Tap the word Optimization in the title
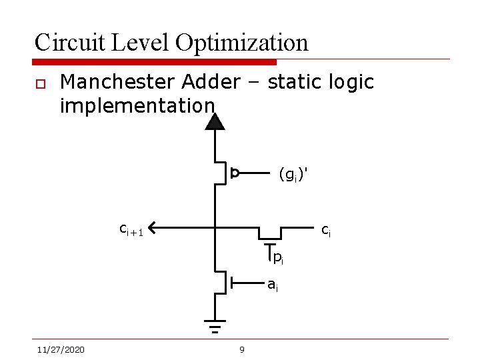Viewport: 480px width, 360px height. pos(242,43)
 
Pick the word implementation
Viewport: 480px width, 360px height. pos(137,105)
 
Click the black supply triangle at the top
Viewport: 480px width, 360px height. pos(215,121)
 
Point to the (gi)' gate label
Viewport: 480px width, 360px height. pos(293,175)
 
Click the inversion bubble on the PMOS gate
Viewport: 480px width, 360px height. pos(235,173)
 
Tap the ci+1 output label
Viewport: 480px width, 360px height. pos(131,229)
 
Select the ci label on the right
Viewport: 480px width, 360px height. pos(326,231)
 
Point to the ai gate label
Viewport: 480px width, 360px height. pos(273,285)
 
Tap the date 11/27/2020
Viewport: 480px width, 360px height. pos(61,349)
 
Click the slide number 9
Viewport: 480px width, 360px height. pos(242,349)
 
